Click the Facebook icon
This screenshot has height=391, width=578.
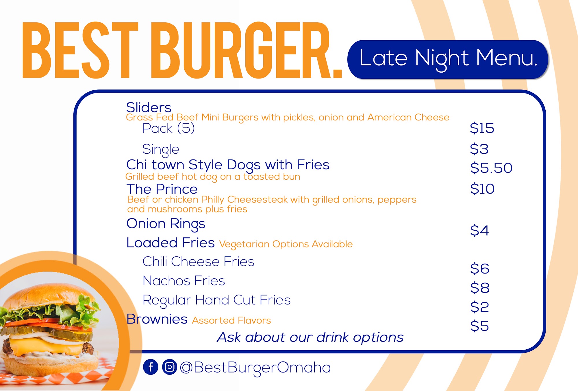151,367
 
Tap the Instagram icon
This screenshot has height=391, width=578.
170,367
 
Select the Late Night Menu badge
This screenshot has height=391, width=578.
448,59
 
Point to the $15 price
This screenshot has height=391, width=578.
482,128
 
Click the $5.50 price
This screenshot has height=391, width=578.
491,168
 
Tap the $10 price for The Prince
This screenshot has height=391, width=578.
482,189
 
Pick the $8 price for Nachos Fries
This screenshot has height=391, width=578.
480,288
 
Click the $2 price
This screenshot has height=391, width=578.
479,307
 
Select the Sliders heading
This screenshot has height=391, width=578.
149,107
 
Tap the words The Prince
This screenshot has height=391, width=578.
162,189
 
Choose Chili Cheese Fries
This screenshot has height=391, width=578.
199,261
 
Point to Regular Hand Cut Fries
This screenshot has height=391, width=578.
216,300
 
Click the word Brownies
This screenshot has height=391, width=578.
157,319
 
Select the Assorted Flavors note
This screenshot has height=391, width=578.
231,320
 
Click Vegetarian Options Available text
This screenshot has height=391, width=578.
286,245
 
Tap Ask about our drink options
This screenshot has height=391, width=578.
310,337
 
